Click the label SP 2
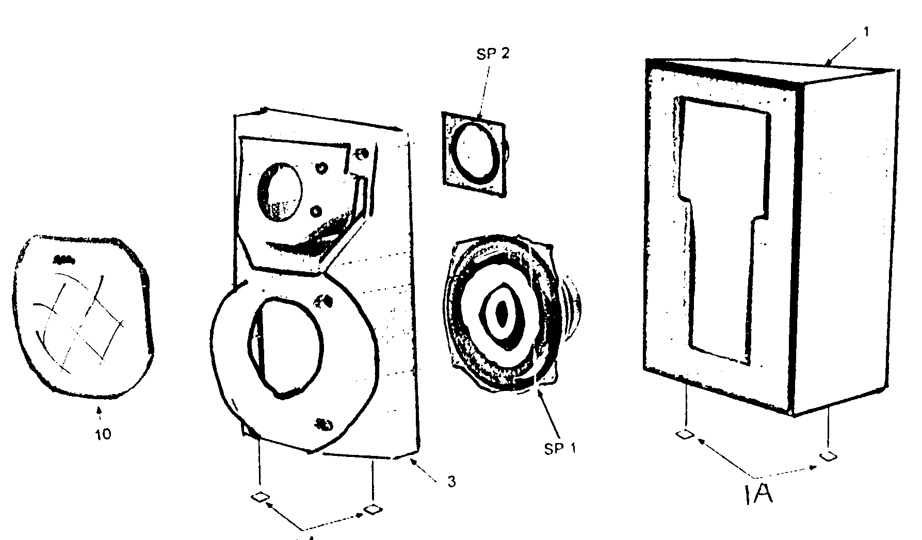tap(493, 54)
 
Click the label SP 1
tap(560, 448)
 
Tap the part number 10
tap(103, 434)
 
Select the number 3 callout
tap(451, 482)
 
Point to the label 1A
tap(759, 496)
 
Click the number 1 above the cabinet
tap(866, 32)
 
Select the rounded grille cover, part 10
tap(83, 315)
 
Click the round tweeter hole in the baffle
tap(279, 192)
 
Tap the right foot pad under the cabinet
tap(828, 456)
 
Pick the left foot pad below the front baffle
tap(260, 497)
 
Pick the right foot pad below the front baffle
tap(372, 510)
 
